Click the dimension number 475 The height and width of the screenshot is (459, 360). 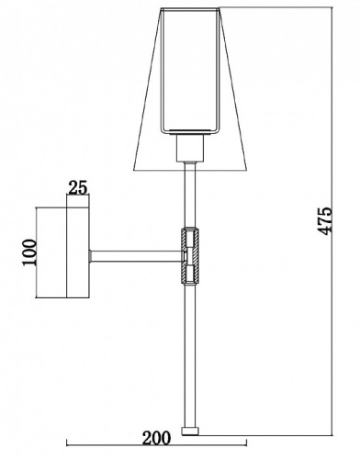(x=325, y=221)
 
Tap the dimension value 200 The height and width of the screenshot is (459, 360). (x=156, y=438)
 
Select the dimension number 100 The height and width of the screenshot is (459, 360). (x=29, y=252)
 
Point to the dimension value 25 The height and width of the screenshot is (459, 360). (x=78, y=187)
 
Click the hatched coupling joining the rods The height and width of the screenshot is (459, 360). (x=190, y=255)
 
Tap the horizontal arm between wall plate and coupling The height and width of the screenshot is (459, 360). (x=137, y=256)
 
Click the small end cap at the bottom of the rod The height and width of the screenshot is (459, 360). (x=190, y=431)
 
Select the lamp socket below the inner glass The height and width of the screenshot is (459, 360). (x=190, y=148)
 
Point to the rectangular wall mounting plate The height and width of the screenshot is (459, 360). (x=78, y=252)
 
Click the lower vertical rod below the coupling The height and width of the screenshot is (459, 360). (x=190, y=356)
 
